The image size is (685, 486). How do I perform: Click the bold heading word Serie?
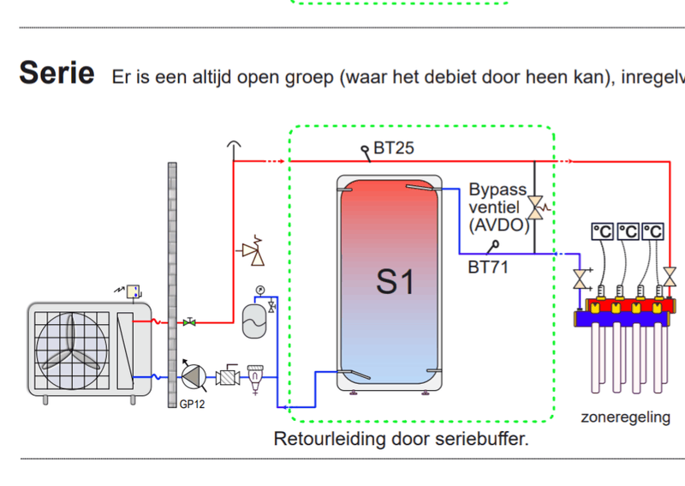coord(57,72)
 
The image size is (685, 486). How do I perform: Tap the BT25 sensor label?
coord(393,147)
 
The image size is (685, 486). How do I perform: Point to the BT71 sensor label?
coord(488,267)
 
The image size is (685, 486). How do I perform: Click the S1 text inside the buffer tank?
coord(396,281)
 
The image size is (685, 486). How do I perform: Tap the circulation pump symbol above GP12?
coord(194,376)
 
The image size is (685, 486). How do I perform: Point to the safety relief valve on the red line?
coord(251,251)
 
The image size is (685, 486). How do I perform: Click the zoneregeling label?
coord(624,417)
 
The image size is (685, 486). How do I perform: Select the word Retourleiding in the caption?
coord(323,439)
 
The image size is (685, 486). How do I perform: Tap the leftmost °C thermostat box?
coord(602,231)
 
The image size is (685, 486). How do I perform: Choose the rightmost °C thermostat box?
coord(653,231)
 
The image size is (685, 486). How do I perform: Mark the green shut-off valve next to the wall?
coord(190,322)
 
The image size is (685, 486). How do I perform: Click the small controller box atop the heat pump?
coord(134,291)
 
